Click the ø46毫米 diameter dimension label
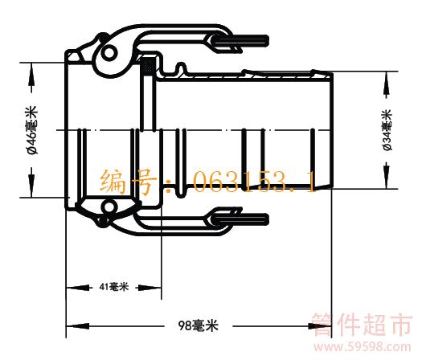point(32,130)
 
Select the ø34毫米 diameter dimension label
point(387,130)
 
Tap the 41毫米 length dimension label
point(114,287)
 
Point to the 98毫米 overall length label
point(199,325)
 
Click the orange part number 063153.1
point(254,182)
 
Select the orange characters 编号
point(129,181)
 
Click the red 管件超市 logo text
point(363,325)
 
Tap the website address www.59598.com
point(363,347)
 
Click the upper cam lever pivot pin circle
point(109,53)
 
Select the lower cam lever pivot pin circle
point(109,207)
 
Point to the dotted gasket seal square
point(148,65)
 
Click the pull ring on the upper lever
point(241,42)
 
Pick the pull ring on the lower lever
point(241,219)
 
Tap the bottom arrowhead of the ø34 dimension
point(387,178)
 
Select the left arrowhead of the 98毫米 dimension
point(77,326)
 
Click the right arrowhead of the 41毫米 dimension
point(151,288)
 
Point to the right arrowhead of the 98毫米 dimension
point(320,326)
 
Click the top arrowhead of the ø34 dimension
point(387,81)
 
